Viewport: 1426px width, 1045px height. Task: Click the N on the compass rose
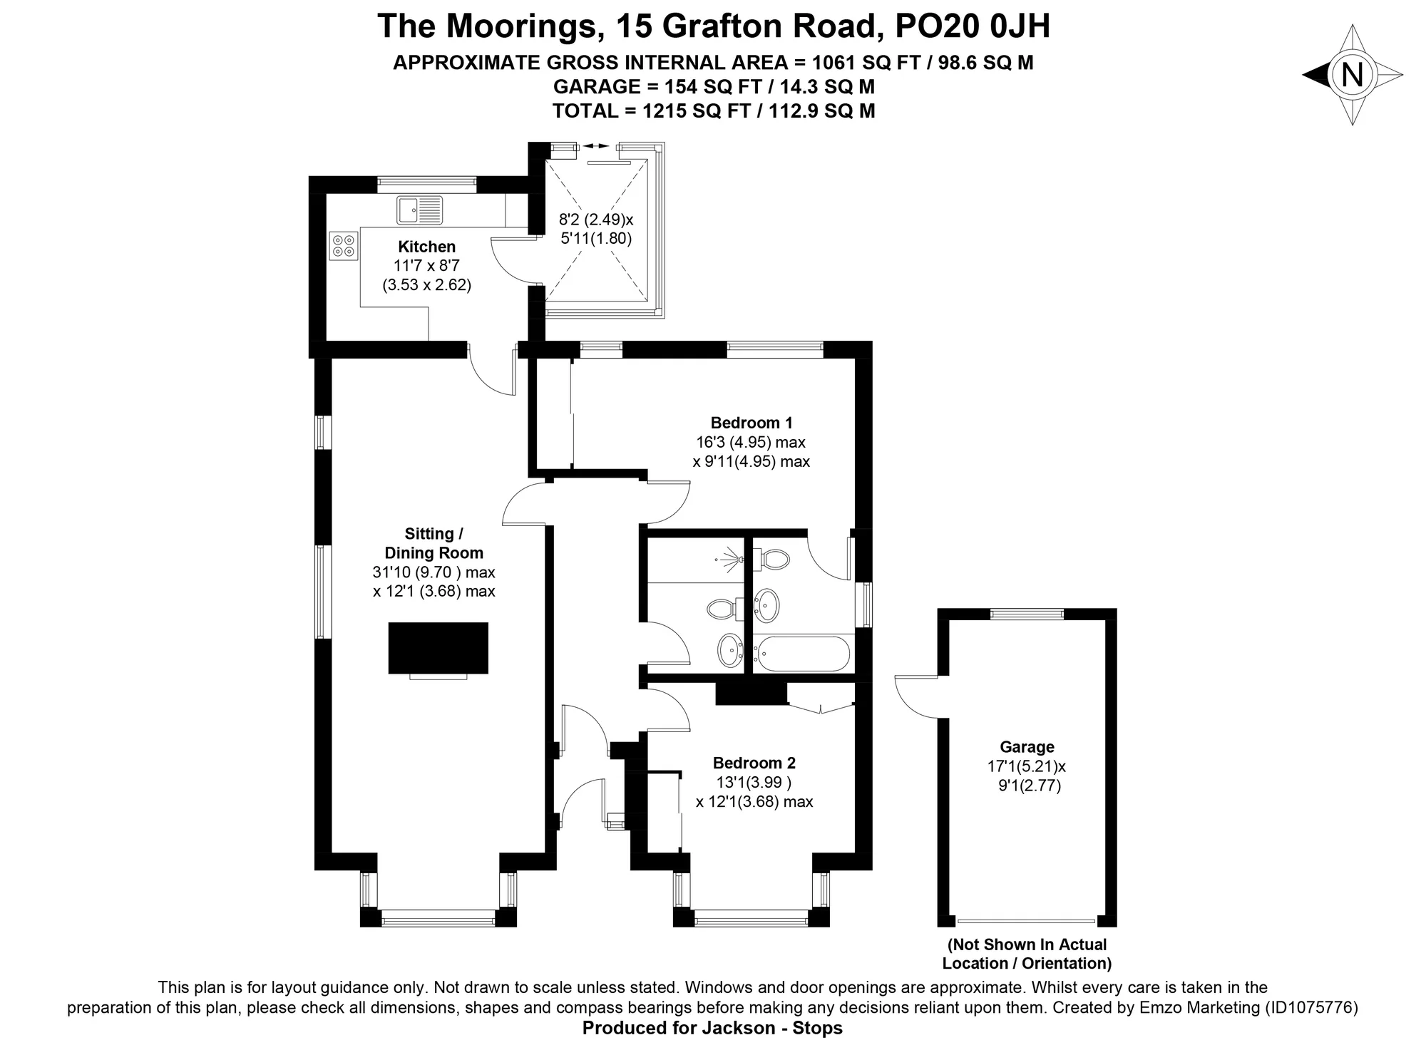1352,75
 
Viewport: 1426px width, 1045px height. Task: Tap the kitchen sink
420,210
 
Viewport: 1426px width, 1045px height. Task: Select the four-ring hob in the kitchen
344,246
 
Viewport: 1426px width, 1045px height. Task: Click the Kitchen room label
426,247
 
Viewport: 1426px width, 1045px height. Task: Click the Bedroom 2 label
754,763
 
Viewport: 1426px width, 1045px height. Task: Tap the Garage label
1027,747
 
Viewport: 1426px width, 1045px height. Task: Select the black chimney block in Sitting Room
438,648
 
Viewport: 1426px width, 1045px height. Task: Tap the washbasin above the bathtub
767,606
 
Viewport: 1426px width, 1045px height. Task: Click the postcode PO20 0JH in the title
973,26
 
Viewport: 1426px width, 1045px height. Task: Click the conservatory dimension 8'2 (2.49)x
596,219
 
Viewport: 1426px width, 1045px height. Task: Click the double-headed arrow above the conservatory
596,146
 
